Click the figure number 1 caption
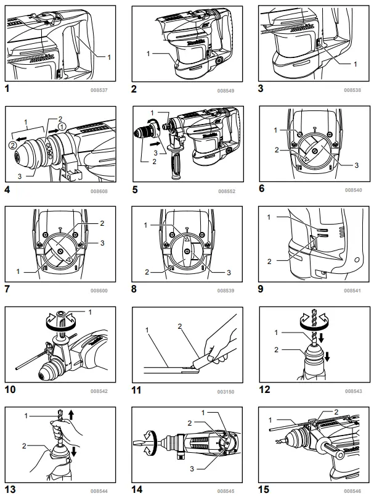(7, 89)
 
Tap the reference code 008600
(99, 290)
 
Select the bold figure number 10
(10, 390)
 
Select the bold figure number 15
(264, 490)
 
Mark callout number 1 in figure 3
(355, 64)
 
